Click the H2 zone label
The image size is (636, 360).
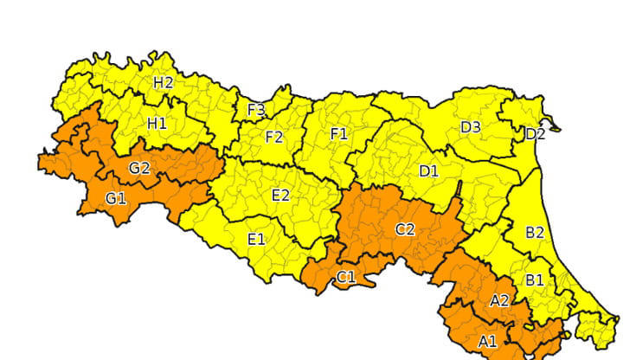point(164,83)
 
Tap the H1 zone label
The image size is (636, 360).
point(157,124)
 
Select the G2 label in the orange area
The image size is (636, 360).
point(140,168)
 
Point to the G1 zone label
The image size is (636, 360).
point(116,199)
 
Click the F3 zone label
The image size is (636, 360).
point(256,110)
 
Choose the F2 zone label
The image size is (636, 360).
point(274,137)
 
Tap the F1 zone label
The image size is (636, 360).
point(338,133)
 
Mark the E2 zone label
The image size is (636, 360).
point(280,196)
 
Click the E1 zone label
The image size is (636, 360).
point(256,239)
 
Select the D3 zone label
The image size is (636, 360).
point(470,127)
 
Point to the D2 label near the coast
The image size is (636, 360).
point(536,133)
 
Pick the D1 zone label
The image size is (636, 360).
point(428,171)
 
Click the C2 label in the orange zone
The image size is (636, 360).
point(405,229)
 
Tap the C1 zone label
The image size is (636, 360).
point(345,277)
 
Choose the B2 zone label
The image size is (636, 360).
point(535,232)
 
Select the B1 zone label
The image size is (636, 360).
point(535,280)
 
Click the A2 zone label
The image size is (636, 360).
point(499,301)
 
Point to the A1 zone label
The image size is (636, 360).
point(487,341)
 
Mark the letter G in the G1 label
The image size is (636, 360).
point(111,199)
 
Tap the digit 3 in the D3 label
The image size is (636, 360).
point(476,127)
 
